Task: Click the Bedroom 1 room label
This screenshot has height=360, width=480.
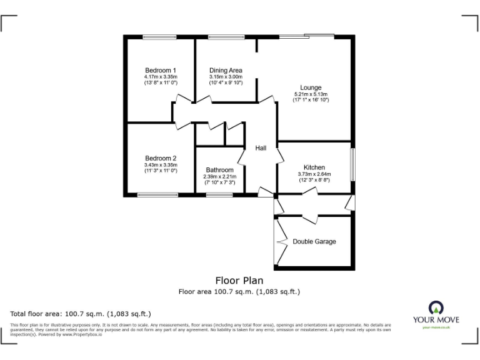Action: click(161, 70)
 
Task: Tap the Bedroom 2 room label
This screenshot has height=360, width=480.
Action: click(161, 159)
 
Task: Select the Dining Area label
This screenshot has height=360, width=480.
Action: click(226, 70)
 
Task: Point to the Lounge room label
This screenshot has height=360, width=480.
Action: click(311, 87)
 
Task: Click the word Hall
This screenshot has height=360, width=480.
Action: click(261, 148)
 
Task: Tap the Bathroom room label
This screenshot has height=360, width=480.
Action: click(220, 170)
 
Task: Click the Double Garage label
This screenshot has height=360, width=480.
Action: click(314, 242)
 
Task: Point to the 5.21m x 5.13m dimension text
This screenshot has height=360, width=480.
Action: click(311, 94)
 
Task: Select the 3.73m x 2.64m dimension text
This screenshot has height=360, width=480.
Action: click(314, 174)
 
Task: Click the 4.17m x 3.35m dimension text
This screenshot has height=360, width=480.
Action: click(161, 77)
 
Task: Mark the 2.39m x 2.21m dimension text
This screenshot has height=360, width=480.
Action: click(220, 177)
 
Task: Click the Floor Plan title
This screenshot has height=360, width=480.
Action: click(239, 281)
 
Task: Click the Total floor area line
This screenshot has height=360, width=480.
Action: click(81, 314)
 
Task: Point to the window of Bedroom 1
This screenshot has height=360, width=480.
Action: click(160, 37)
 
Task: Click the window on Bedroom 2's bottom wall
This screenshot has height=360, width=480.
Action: click(157, 195)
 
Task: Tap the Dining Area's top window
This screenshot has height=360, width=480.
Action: click(226, 37)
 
